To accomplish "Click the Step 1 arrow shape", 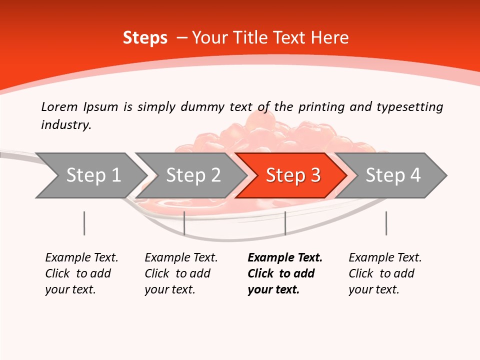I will tap(93, 175).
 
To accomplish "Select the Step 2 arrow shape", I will tap(193, 175).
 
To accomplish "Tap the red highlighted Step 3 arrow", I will tap(293, 175).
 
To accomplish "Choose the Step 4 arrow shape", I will tap(393, 175).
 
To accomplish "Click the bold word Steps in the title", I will tap(145, 38).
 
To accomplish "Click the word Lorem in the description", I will tap(59, 106).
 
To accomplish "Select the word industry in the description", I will tap(65, 124).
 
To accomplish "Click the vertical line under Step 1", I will tap(84, 223).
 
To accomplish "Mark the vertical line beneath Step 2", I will tap(184, 223).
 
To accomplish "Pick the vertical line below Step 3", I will tap(285, 223).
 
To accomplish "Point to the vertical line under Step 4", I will tap(386, 223).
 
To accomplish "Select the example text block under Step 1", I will tap(81, 273).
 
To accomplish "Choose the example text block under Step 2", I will tap(181, 273).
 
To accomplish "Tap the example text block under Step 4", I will tap(385, 273).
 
